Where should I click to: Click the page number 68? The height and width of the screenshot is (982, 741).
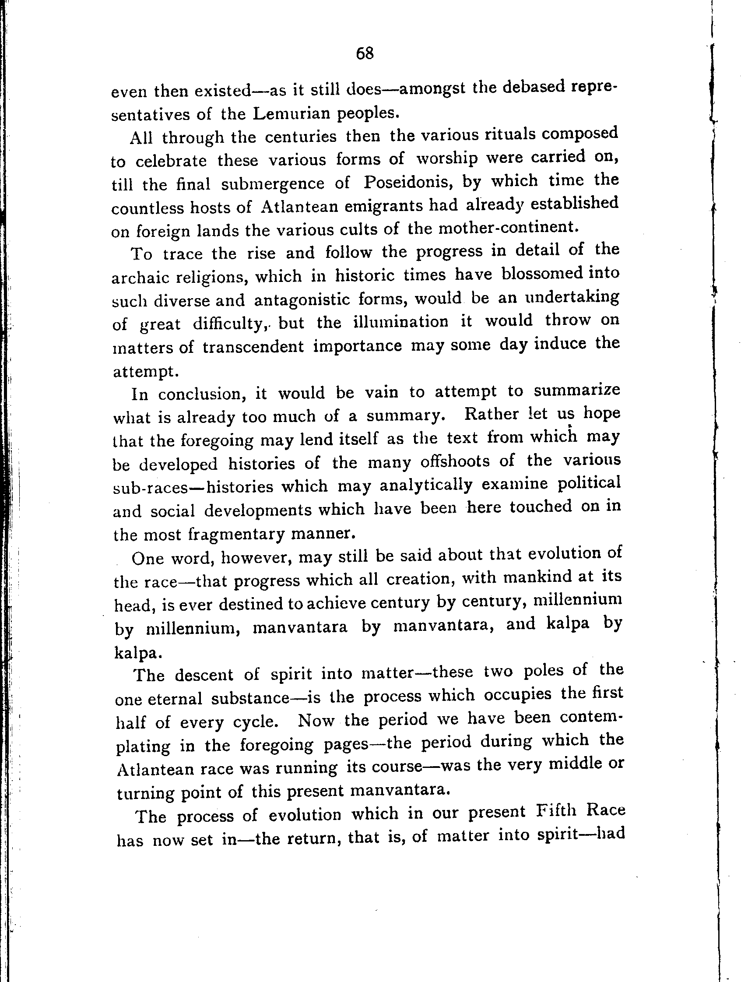tap(365, 54)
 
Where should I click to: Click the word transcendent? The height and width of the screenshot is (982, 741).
tap(253, 347)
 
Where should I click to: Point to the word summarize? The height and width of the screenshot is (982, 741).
tap(576, 390)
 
